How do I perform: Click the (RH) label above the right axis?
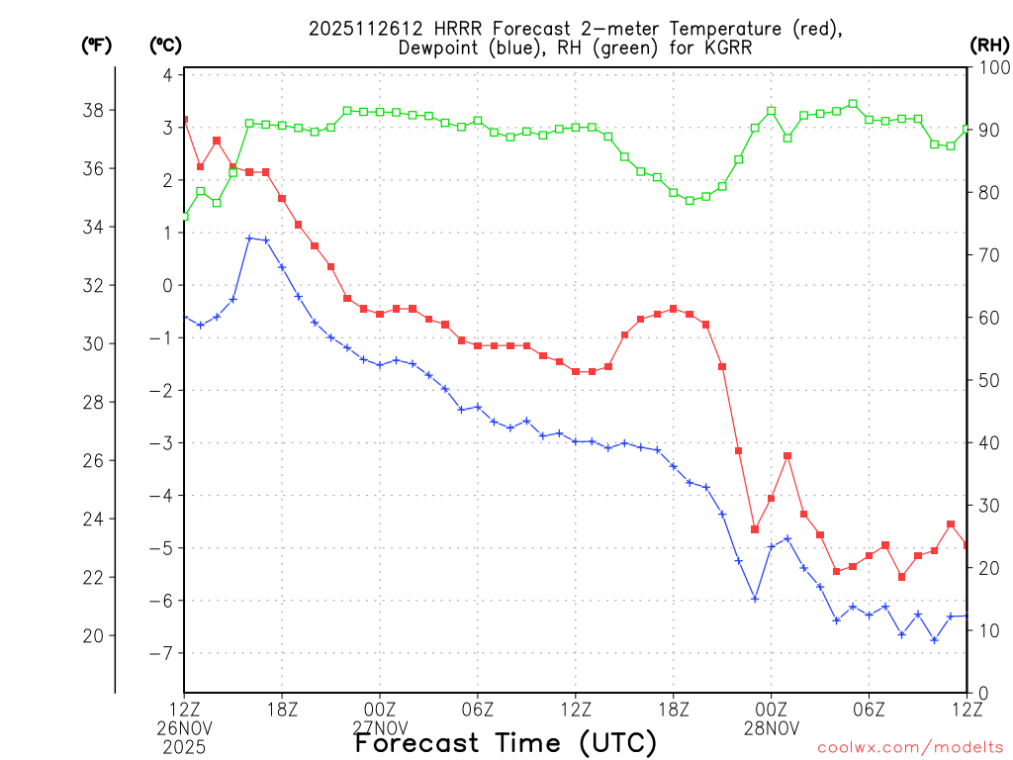tap(988, 45)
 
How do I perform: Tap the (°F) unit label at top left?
tap(96, 45)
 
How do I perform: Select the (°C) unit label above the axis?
tap(165, 45)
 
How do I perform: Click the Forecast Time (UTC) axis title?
tap(506, 742)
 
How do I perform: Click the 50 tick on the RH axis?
tap(989, 380)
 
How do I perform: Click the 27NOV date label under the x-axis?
tap(380, 728)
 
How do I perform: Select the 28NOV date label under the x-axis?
tap(772, 728)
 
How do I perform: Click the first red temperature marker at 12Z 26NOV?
tap(184, 120)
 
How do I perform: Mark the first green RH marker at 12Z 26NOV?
tap(184, 216)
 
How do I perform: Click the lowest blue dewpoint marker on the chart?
tap(934, 640)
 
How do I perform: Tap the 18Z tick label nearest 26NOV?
tap(282, 710)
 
